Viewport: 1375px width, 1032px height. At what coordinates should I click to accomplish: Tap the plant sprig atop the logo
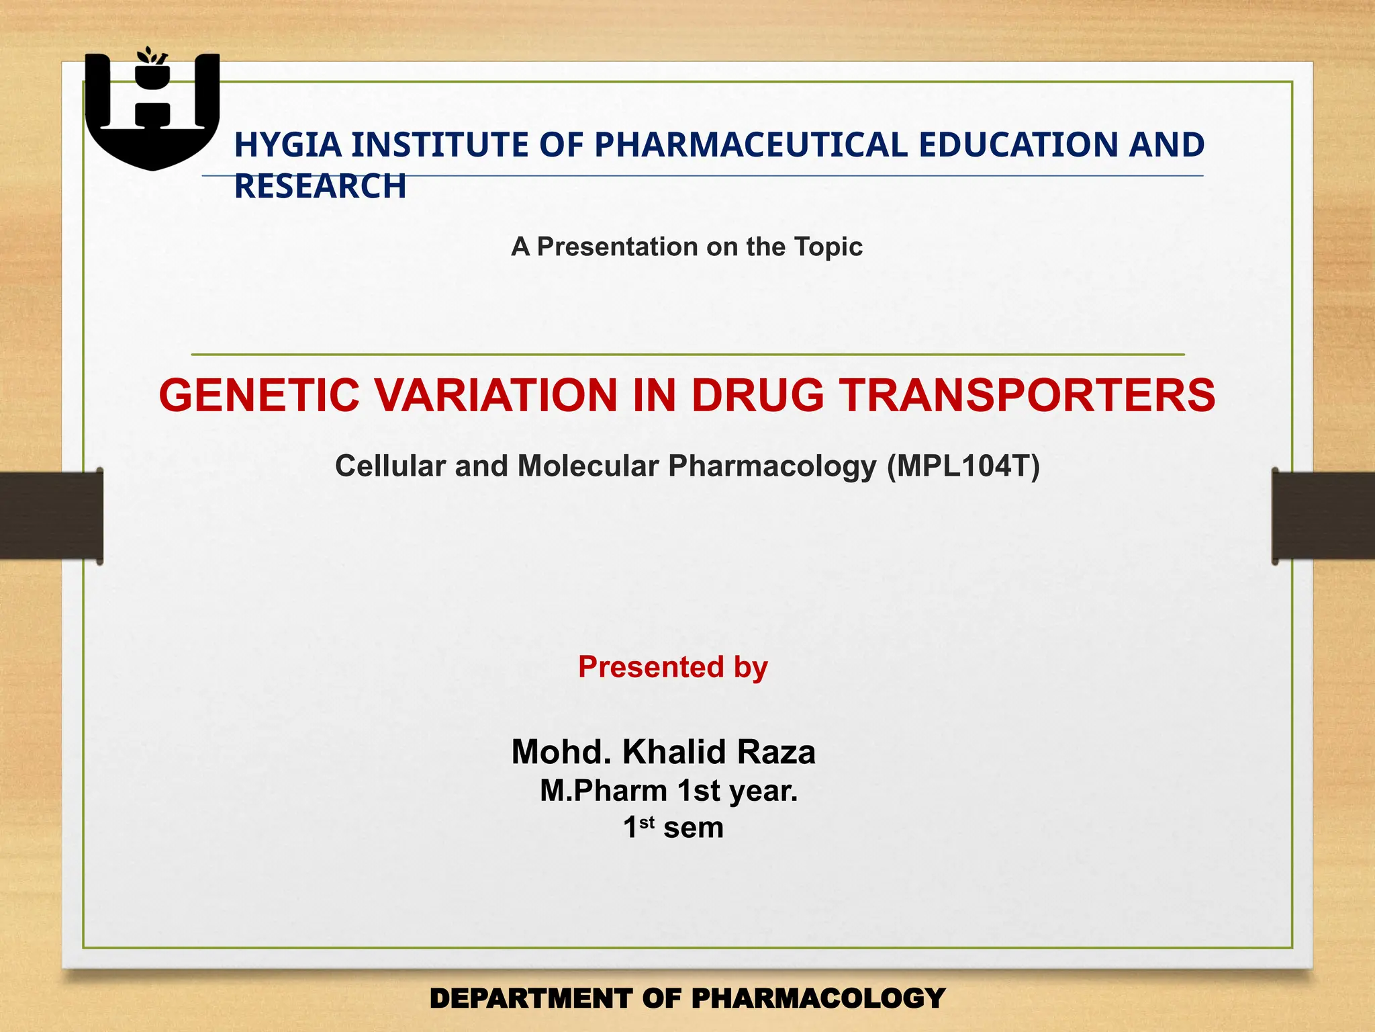tap(151, 56)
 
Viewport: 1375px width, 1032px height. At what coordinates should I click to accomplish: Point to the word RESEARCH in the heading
tap(320, 186)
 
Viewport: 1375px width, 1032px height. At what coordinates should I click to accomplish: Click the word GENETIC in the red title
tap(259, 395)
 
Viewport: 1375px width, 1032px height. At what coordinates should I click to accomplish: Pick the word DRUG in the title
tap(757, 395)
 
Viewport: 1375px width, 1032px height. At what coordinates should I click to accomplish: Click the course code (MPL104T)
tap(963, 466)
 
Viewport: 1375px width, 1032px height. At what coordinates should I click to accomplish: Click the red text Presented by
tap(673, 667)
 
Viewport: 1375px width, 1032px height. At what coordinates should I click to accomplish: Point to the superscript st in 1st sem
tap(647, 822)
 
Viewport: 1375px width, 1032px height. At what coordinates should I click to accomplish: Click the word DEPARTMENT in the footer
tap(530, 998)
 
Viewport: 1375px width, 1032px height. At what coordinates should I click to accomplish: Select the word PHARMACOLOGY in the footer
tap(818, 998)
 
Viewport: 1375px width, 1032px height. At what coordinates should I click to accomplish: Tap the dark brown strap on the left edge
tap(50, 515)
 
